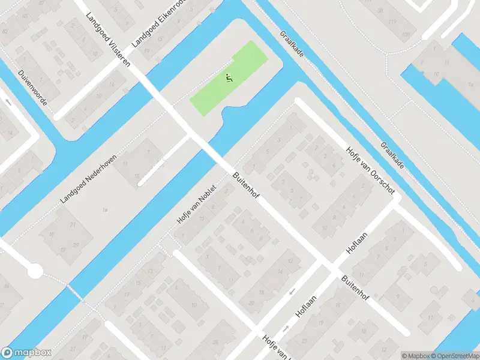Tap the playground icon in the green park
pyautogui.click(x=228, y=77)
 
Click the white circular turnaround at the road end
pyautogui.click(x=35, y=271)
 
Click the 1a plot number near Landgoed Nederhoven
pyautogui.click(x=106, y=209)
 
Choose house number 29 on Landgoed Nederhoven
pyautogui.click(x=75, y=245)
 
